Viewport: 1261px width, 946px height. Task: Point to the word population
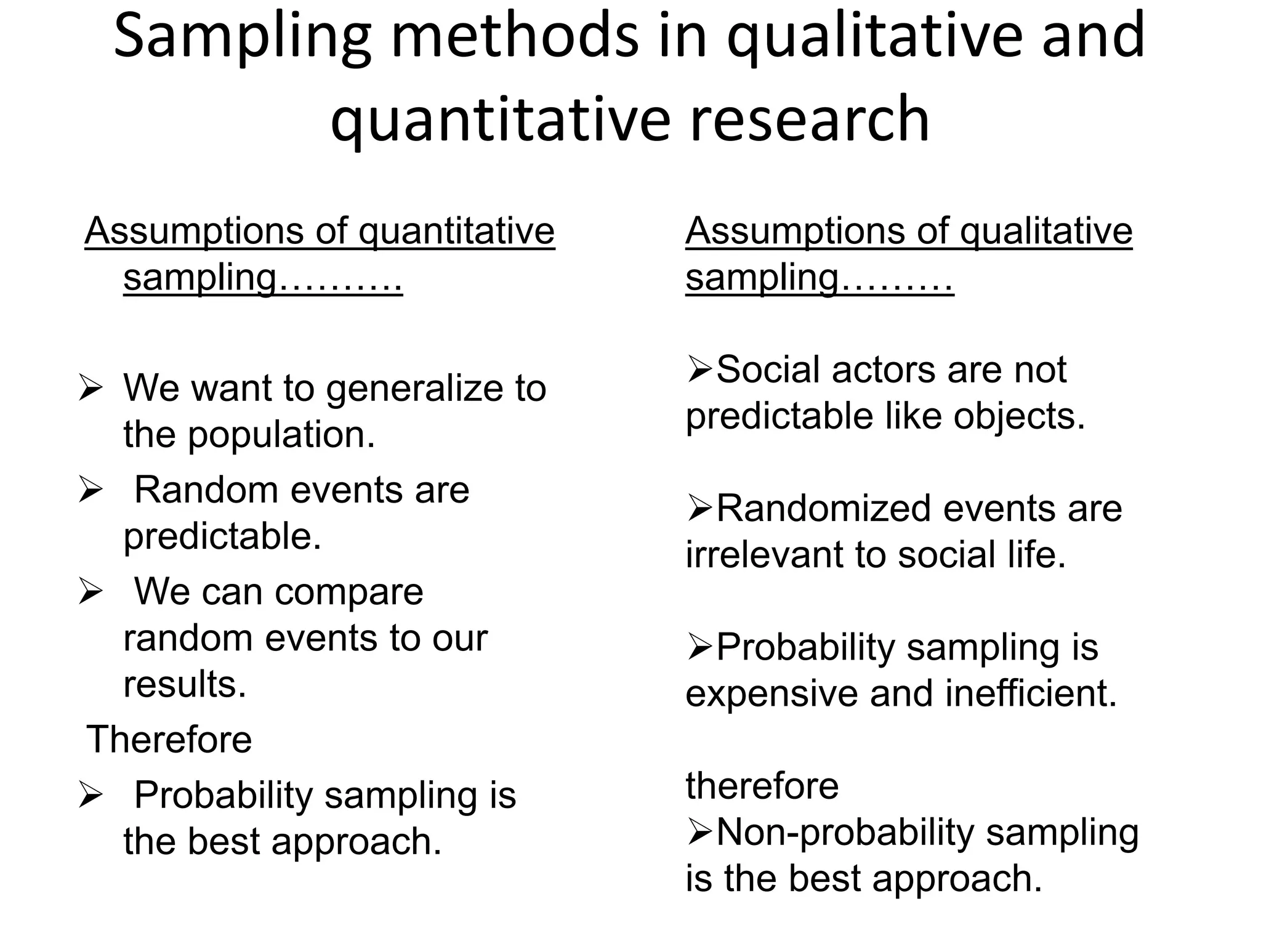click(281, 435)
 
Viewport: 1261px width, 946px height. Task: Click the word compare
click(348, 592)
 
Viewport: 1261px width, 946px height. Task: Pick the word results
click(185, 684)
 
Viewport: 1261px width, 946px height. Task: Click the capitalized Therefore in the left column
click(169, 739)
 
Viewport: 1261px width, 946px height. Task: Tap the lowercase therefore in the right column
click(762, 786)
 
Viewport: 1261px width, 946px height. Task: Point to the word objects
click(1019, 416)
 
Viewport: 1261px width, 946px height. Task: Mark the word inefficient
click(1031, 693)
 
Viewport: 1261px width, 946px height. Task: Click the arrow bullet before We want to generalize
click(90, 389)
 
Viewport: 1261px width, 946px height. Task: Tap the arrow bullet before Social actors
click(699, 370)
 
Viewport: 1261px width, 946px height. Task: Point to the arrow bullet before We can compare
click(90, 592)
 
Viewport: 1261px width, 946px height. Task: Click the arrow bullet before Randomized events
click(699, 509)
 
